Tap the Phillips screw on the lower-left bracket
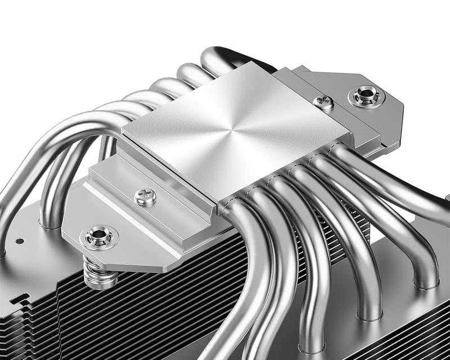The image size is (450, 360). [145, 197]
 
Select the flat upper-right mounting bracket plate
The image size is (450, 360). [360, 112]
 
